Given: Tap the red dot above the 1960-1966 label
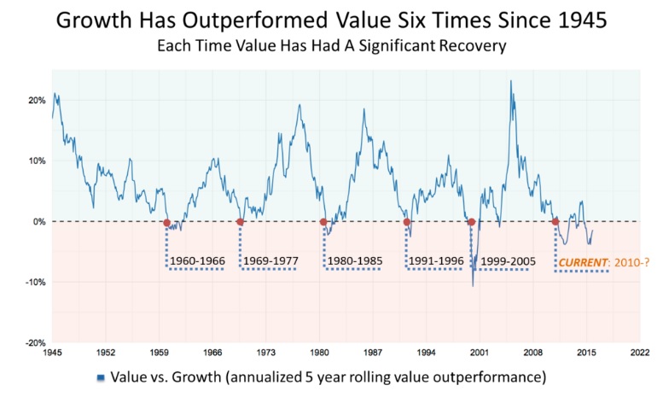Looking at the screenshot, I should click(x=167, y=223).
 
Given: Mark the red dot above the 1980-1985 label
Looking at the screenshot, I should click(x=323, y=223).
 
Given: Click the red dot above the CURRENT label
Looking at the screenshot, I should click(x=555, y=223).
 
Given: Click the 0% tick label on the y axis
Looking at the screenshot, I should click(x=38, y=221).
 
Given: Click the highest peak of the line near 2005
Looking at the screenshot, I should click(x=510, y=81).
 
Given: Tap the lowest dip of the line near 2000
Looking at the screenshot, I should click(x=473, y=286).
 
